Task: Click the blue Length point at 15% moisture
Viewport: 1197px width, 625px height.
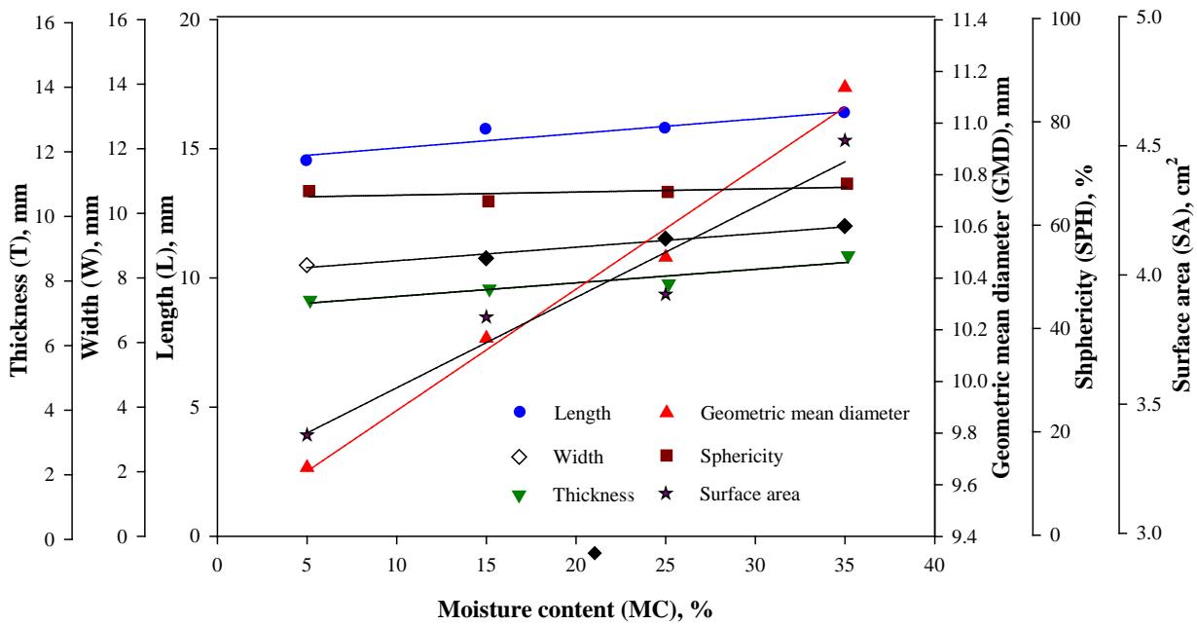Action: (486, 129)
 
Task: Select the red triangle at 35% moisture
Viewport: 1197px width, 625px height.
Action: (845, 87)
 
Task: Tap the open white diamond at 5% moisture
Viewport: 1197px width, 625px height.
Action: (307, 265)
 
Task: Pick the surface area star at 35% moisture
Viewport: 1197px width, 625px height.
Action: (845, 141)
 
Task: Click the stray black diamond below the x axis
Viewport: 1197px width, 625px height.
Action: (595, 553)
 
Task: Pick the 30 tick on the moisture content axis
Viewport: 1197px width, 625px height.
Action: (755, 564)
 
